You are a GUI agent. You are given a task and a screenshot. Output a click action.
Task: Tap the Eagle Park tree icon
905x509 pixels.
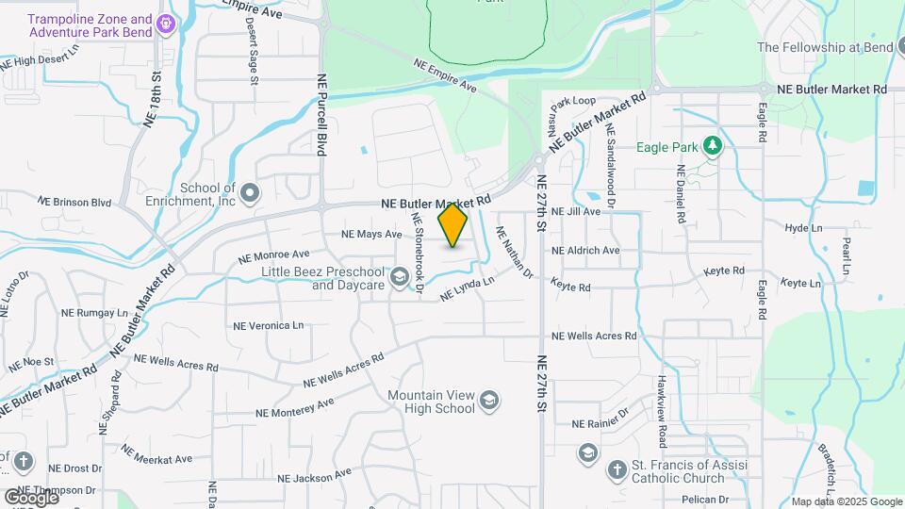[714, 145]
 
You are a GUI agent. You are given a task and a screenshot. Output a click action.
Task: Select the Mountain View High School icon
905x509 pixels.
[489, 402]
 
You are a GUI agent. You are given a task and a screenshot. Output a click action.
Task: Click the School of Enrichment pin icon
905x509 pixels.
[250, 194]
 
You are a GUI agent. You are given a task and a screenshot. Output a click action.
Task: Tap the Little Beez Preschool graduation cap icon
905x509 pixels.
[400, 276]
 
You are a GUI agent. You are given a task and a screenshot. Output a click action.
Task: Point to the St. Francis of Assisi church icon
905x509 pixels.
[617, 468]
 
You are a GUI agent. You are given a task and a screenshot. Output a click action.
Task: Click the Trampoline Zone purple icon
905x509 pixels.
[167, 24]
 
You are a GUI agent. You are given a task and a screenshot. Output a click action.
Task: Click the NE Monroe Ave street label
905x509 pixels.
[273, 255]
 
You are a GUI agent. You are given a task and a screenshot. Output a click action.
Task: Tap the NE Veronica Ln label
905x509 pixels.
[269, 325]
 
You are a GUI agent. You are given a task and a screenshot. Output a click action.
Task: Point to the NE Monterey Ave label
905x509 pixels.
[295, 407]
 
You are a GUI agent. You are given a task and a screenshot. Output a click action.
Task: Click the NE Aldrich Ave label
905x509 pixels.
[585, 251]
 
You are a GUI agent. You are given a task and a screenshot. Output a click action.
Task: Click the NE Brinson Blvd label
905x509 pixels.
[74, 202]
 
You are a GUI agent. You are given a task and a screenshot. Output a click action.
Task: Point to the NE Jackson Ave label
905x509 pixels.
[315, 476]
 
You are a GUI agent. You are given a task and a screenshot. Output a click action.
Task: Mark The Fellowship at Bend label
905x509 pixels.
[822, 47]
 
